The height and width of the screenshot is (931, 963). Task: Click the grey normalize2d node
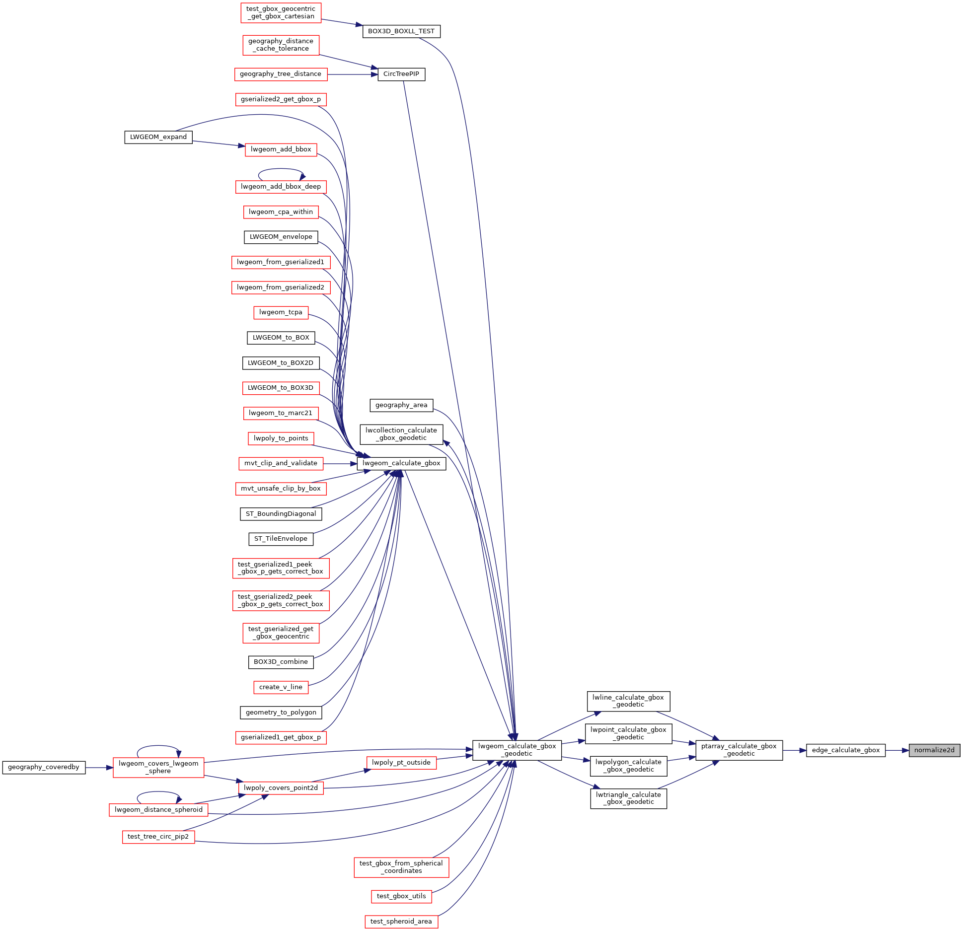click(934, 750)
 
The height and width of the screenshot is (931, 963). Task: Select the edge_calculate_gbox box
click(845, 750)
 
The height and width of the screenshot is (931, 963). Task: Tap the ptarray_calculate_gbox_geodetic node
click(739, 750)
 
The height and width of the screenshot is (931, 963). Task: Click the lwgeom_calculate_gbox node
click(401, 463)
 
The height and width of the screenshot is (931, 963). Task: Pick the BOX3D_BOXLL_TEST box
click(401, 31)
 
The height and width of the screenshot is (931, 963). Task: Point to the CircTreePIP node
click(401, 74)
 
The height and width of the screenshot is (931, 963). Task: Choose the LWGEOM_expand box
click(158, 137)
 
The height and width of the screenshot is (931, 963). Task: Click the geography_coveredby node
click(44, 767)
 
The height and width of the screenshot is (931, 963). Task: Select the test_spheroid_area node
click(401, 922)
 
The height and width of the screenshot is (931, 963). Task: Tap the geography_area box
click(401, 405)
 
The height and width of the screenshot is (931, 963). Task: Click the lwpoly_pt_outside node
click(401, 763)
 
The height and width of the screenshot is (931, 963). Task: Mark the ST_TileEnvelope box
click(281, 539)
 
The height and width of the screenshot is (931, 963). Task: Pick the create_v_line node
click(281, 687)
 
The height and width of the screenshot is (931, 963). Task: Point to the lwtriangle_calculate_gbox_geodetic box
click(628, 798)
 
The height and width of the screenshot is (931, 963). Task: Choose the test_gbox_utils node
click(401, 896)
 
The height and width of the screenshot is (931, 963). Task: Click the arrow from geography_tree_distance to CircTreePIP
click(353, 74)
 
